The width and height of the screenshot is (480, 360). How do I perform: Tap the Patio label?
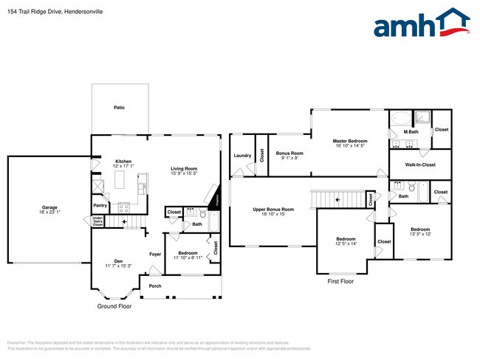pos(119,108)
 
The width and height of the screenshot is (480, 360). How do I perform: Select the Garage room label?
pos(49,207)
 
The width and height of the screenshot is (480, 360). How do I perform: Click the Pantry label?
pos(100,206)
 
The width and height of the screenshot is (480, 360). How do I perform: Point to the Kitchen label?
pos(123,162)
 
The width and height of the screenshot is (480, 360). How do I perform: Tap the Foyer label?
pos(155,255)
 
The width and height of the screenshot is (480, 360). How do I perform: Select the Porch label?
pos(155,286)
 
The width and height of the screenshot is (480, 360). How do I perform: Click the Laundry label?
pos(242,156)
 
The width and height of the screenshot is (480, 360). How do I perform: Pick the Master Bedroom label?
pos(349,141)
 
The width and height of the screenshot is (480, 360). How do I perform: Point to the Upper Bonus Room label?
pos(273,210)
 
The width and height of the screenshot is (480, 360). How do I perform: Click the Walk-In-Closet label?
pos(419,165)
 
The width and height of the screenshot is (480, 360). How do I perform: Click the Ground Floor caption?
pos(114,306)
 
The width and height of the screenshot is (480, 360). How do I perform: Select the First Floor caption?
pos(340,281)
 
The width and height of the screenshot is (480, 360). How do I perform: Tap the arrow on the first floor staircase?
pos(338,199)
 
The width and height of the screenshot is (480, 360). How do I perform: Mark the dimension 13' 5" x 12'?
pos(419,234)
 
